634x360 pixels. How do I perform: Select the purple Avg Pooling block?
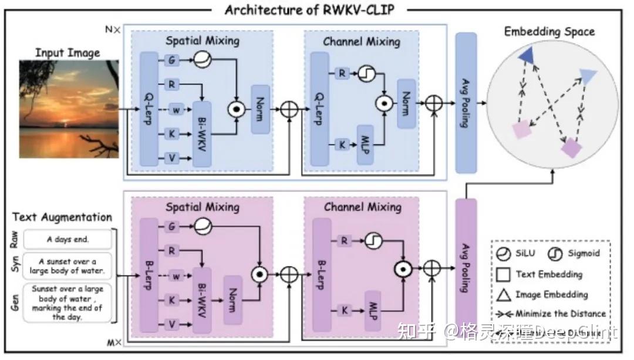[x=466, y=267]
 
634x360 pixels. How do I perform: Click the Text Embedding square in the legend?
[x=504, y=274]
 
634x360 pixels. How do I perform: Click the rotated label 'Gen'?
[x=15, y=302]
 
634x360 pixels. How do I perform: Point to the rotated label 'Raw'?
[x=15, y=239]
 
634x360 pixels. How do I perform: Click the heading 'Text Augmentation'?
[x=62, y=217]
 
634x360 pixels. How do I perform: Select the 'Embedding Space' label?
[x=549, y=31]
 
